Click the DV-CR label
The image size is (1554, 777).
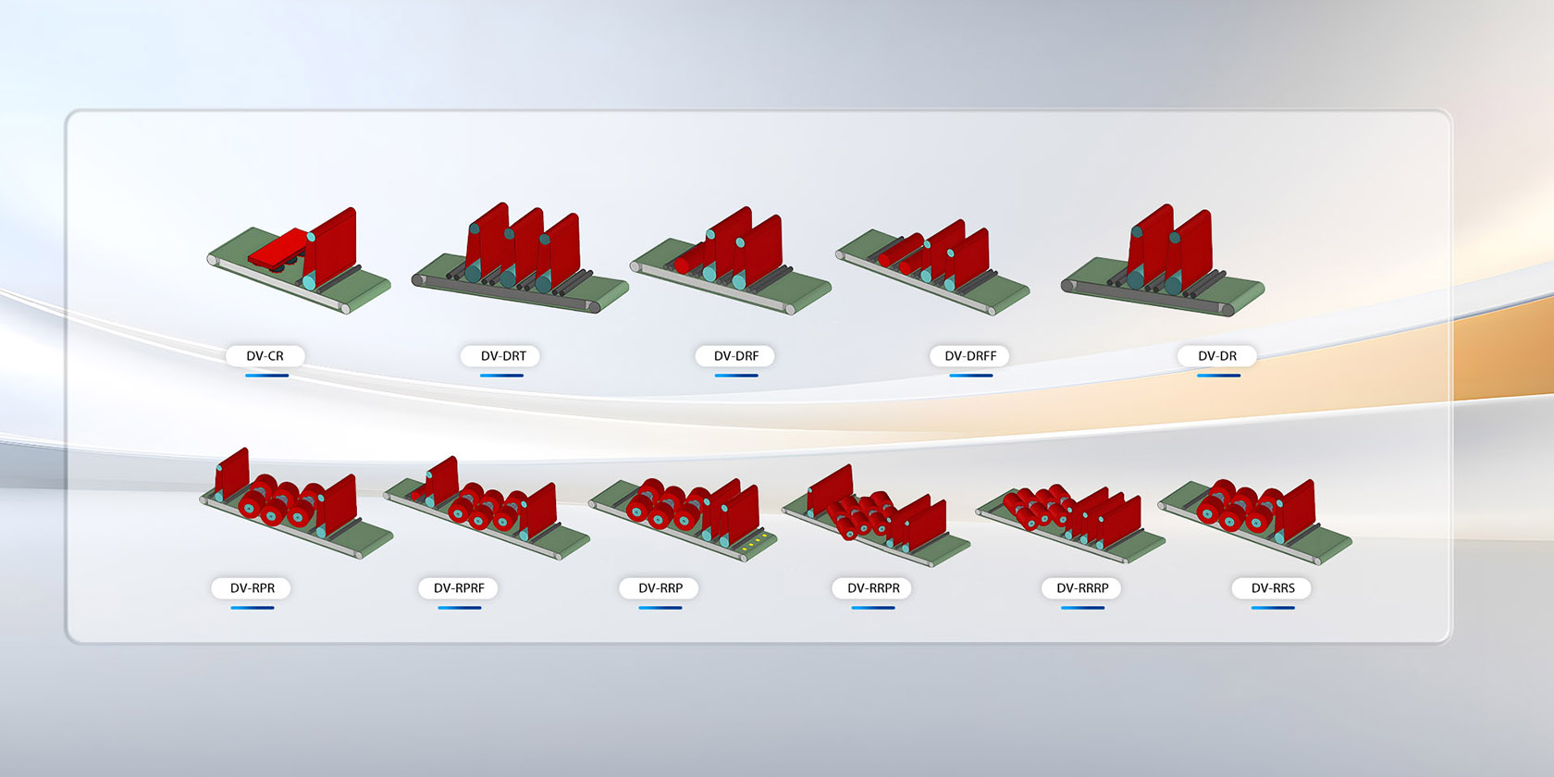tap(265, 356)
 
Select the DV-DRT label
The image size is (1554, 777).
tap(503, 356)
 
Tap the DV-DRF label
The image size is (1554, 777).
tap(736, 356)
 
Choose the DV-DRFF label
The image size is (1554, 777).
tap(970, 356)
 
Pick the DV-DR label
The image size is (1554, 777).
tap(1217, 356)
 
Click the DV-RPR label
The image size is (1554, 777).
tap(253, 588)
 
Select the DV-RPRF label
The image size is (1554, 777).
tap(459, 588)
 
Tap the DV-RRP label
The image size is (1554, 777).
tap(660, 588)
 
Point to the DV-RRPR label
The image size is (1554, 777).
tap(873, 588)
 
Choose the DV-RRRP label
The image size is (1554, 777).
tap(1082, 588)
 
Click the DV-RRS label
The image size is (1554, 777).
tap(1273, 588)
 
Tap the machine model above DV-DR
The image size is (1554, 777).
tap(1164, 263)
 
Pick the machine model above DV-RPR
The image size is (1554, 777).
tap(294, 504)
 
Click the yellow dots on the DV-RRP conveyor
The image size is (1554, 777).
tap(756, 542)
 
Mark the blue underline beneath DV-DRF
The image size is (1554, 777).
tap(736, 376)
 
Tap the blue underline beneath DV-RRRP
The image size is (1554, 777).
tap(1082, 608)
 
